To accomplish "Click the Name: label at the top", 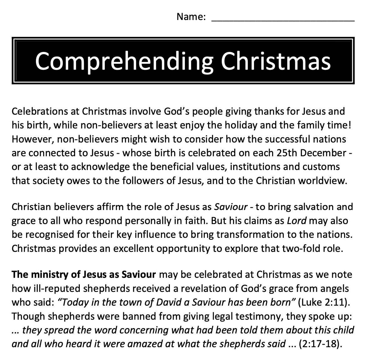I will point(191,17).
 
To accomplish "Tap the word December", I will point(323,153).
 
